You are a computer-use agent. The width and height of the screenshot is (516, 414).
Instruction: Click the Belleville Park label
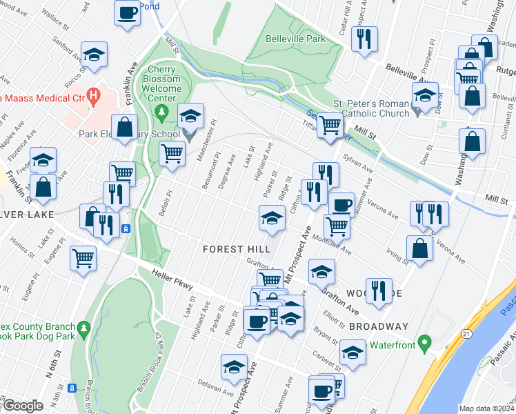pos(295,39)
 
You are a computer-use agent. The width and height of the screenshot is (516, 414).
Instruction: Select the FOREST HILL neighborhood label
pos(232,248)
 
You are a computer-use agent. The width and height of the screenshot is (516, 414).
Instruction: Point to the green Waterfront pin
pos(426,342)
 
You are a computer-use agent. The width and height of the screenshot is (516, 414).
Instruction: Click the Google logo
pos(23,406)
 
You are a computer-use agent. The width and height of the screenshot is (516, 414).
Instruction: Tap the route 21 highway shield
pos(467,334)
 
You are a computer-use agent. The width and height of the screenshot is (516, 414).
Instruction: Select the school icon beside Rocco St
pos(94,54)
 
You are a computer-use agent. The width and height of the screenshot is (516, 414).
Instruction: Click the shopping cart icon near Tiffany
pos(330,124)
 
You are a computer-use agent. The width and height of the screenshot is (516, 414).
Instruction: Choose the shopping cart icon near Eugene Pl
pos(83,257)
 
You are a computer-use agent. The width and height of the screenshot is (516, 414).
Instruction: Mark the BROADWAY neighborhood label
pos(379,326)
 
